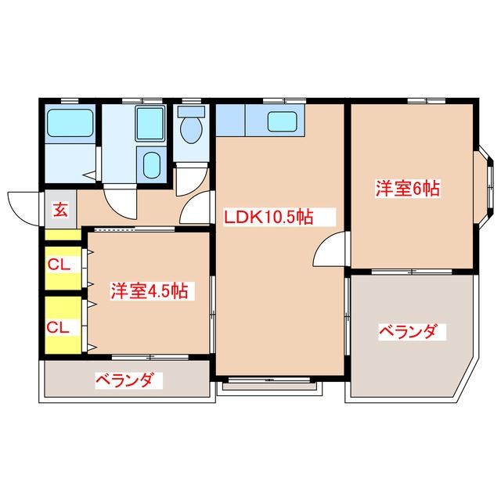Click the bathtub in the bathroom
70,124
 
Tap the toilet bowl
190,132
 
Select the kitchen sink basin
280,121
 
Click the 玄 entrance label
59,209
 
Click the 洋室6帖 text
407,188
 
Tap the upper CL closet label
59,265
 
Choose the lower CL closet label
59,326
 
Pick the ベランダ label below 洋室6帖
407,332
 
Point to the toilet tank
190,112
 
